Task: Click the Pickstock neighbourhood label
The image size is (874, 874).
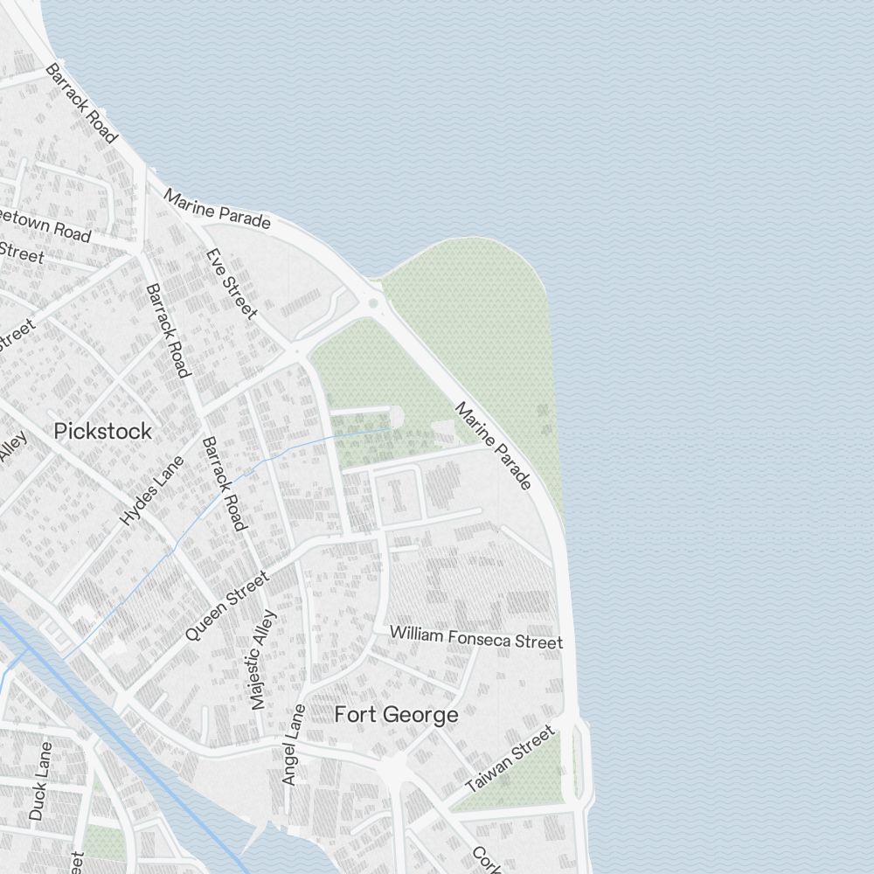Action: [102, 431]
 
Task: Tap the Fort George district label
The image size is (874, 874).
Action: [396, 715]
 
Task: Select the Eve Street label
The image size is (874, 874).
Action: [232, 283]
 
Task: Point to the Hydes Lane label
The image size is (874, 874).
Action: [153, 490]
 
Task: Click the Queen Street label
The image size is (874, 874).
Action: [226, 606]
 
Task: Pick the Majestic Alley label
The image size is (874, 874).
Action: [262, 659]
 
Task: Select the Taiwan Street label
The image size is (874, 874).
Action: [510, 758]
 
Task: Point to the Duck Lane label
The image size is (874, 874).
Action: [40, 780]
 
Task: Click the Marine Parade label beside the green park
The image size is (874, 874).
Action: [493, 446]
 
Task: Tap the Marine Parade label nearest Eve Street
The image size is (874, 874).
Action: [217, 210]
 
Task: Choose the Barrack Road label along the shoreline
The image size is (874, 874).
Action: [81, 103]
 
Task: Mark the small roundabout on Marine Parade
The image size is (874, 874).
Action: [374, 303]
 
